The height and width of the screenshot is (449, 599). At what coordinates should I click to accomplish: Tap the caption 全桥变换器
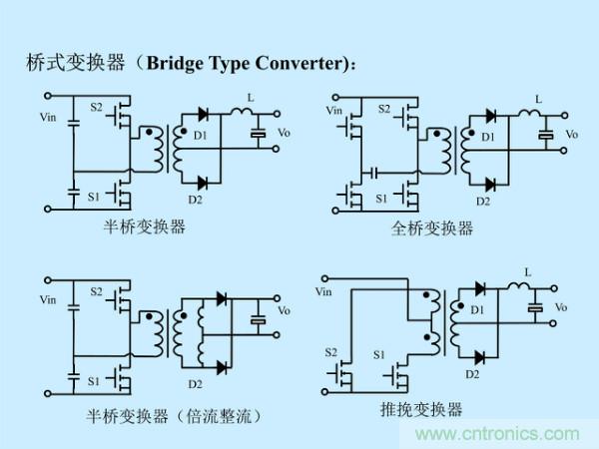(x=432, y=228)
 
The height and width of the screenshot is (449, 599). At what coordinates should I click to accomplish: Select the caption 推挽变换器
(x=421, y=409)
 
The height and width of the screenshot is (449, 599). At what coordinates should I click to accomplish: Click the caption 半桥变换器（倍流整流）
(x=174, y=413)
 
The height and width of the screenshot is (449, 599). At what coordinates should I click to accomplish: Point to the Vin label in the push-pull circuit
(x=322, y=291)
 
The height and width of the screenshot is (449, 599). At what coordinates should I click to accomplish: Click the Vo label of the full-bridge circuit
(x=572, y=134)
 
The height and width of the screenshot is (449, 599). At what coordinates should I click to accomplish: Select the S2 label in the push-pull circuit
(x=331, y=352)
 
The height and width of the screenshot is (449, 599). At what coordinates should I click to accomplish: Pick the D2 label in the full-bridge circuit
(x=483, y=200)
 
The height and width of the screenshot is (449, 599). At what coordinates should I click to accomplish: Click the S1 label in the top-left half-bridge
(x=94, y=196)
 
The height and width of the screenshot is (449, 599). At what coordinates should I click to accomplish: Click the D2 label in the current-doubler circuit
(x=195, y=382)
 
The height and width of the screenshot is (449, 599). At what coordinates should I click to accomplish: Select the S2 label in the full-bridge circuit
(x=385, y=107)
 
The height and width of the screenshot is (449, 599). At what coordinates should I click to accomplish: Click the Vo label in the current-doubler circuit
(x=284, y=310)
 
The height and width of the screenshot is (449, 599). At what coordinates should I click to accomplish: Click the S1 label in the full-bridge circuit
(x=381, y=198)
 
